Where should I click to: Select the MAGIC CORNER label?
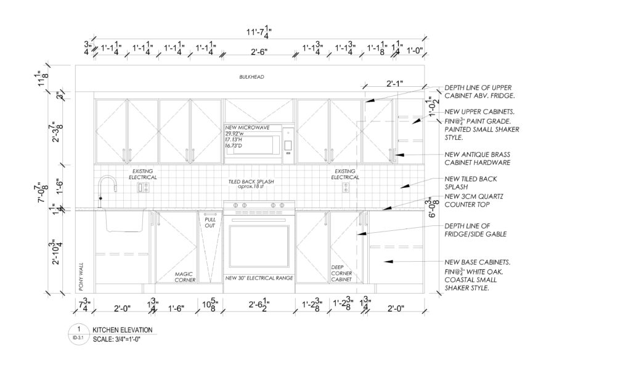click(x=184, y=277)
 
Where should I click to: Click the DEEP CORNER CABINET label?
click(x=343, y=273)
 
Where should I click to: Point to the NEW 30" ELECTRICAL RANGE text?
click(x=258, y=278)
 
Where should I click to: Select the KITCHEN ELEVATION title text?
click(x=122, y=330)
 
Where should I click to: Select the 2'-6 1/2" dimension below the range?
click(x=258, y=304)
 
